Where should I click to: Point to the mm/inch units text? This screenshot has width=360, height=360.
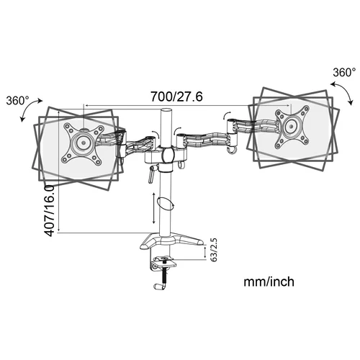(x=268, y=283)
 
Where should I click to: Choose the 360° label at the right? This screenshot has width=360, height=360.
(x=344, y=72)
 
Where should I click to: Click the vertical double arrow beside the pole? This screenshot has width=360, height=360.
(x=153, y=209)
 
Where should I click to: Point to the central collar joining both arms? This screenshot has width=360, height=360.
(x=168, y=156)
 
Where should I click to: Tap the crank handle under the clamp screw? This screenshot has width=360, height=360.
(x=159, y=286)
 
